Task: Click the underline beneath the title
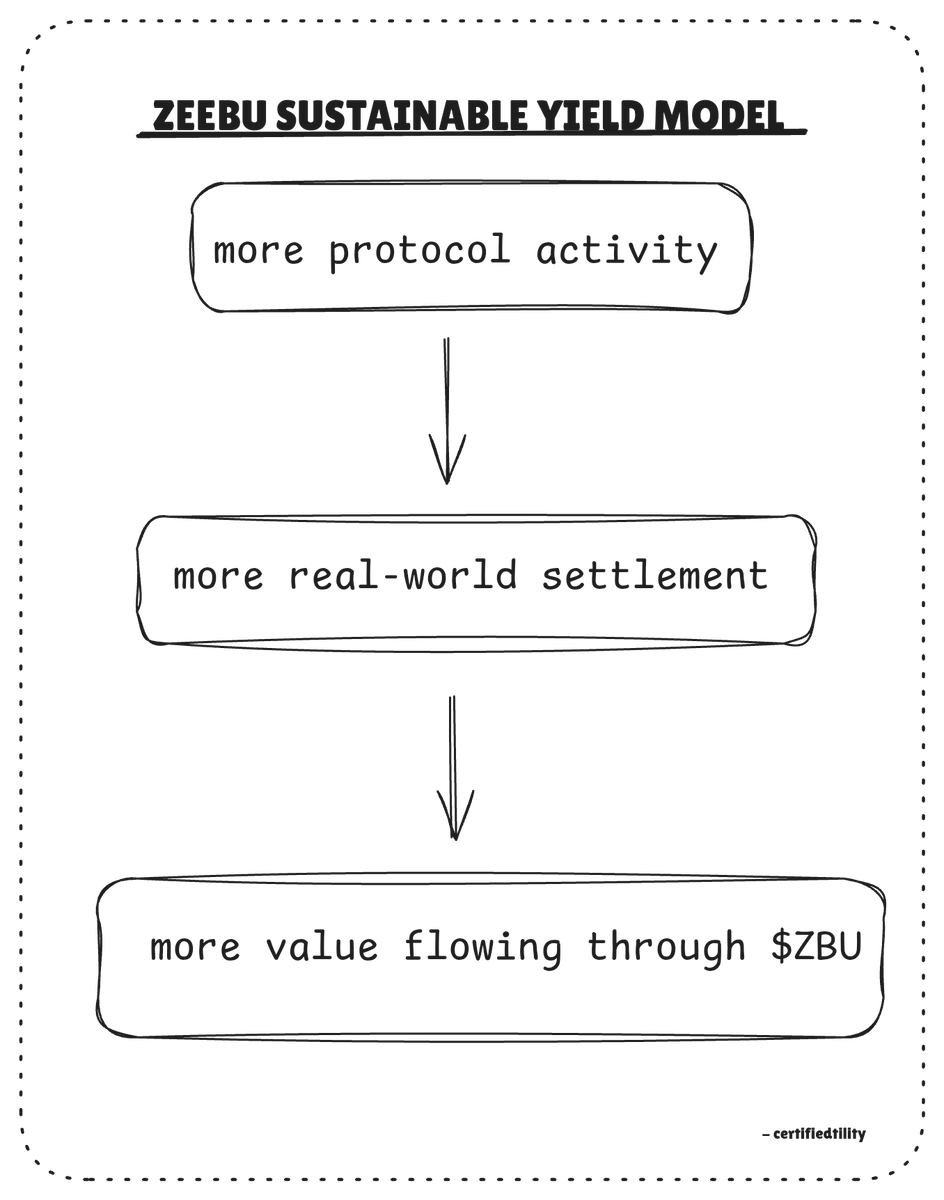(x=471, y=134)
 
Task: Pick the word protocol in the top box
(x=419, y=250)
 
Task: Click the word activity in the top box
(x=626, y=250)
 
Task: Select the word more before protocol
(x=258, y=250)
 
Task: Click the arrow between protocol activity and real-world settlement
(x=447, y=410)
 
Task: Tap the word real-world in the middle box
(x=403, y=576)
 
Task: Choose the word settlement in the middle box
(x=655, y=576)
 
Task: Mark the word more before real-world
(x=218, y=576)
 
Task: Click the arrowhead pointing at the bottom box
(x=455, y=815)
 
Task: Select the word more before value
(x=195, y=946)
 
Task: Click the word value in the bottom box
(x=322, y=946)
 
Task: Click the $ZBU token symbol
(x=816, y=946)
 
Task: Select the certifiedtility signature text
(x=819, y=1134)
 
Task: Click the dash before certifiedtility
(x=765, y=1135)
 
